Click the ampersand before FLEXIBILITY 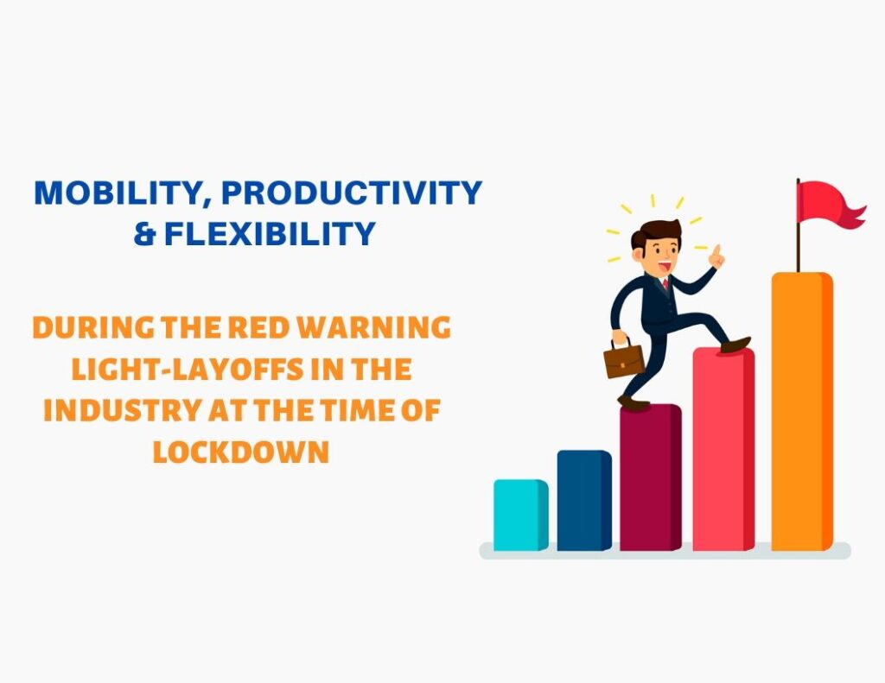(x=144, y=234)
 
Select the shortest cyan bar (x=520, y=515)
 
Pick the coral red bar (x=723, y=449)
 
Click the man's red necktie (x=665, y=283)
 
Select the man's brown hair (x=653, y=233)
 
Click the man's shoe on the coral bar (x=735, y=345)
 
